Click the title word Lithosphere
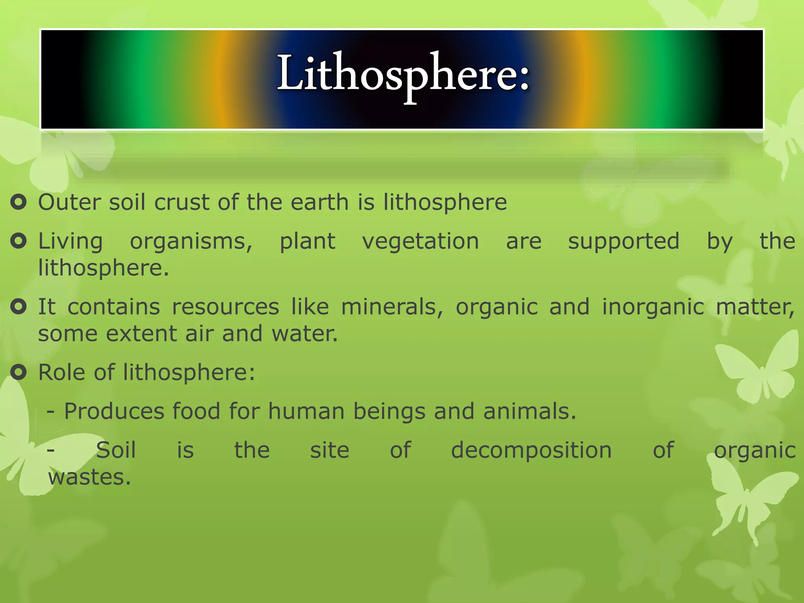pos(403,75)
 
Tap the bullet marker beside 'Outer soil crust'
pos(18,202)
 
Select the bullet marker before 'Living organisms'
pos(18,241)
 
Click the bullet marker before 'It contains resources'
pos(18,307)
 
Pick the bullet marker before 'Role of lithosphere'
pos(18,372)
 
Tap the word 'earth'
pos(320,202)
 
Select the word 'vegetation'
pos(420,241)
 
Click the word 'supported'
pos(624,241)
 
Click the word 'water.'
pos(305,334)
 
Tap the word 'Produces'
pos(114,411)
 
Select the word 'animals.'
pos(530,411)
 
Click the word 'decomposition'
pos(532,450)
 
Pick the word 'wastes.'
pos(90,477)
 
